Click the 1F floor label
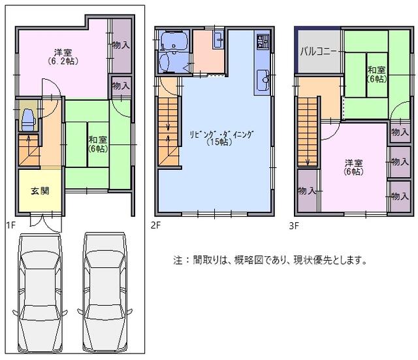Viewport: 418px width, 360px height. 11,226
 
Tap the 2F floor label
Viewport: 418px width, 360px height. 155,226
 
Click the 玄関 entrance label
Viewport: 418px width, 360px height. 39,191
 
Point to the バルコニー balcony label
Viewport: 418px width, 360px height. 318,50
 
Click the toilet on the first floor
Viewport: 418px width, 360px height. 28,120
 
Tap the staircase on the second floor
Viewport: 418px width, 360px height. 169,131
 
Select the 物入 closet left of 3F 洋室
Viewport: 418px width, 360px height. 306,191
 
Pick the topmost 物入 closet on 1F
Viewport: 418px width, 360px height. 121,46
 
